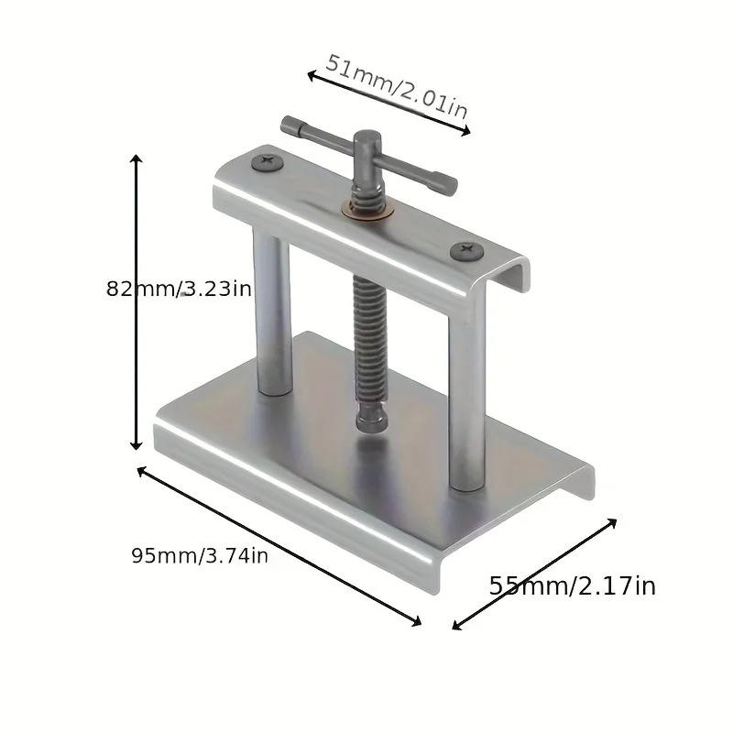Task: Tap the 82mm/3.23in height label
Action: click(x=180, y=288)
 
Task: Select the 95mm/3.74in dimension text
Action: click(x=200, y=556)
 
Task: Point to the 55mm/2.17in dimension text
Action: click(x=572, y=585)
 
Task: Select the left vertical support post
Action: click(x=271, y=312)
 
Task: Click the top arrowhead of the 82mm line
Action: click(x=137, y=159)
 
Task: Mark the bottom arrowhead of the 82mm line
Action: click(x=137, y=446)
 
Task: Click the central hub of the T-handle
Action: click(x=368, y=147)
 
